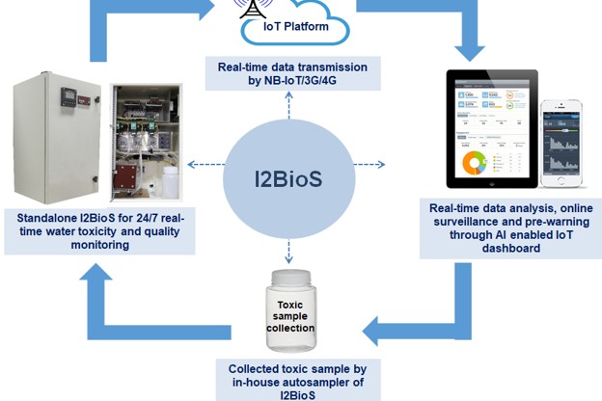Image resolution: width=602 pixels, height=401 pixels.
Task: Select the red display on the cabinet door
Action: pyautogui.click(x=76, y=95)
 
